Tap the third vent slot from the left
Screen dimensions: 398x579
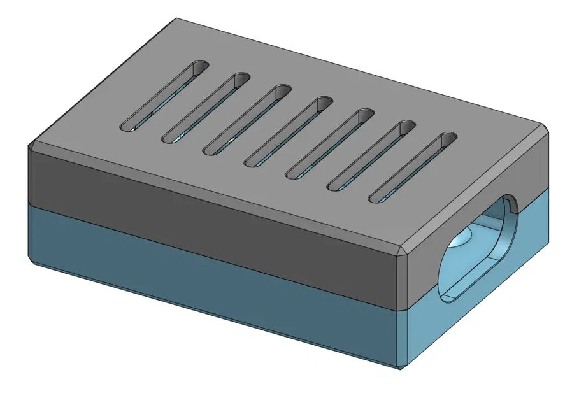coord(247,120)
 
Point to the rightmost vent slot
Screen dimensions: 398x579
coord(413,168)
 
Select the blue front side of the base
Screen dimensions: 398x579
coord(210,274)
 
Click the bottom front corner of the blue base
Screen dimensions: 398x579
coord(400,369)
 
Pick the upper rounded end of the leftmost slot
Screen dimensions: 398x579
coord(200,66)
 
